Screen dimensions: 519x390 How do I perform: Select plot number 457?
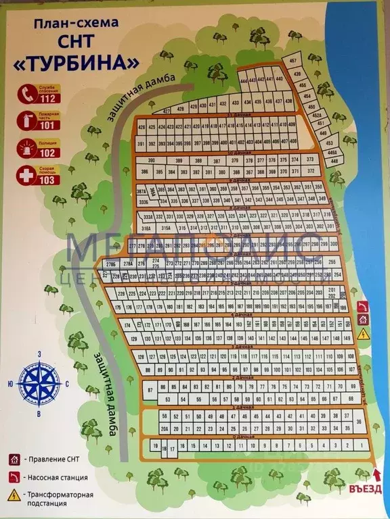click(293, 61)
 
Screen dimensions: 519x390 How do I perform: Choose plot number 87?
click(150, 391)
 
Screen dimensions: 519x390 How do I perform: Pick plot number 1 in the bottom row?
click(365, 446)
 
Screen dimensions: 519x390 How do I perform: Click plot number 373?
click(311, 159)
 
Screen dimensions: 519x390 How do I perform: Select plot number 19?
click(156, 447)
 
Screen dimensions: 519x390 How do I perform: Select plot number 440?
click(279, 79)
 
